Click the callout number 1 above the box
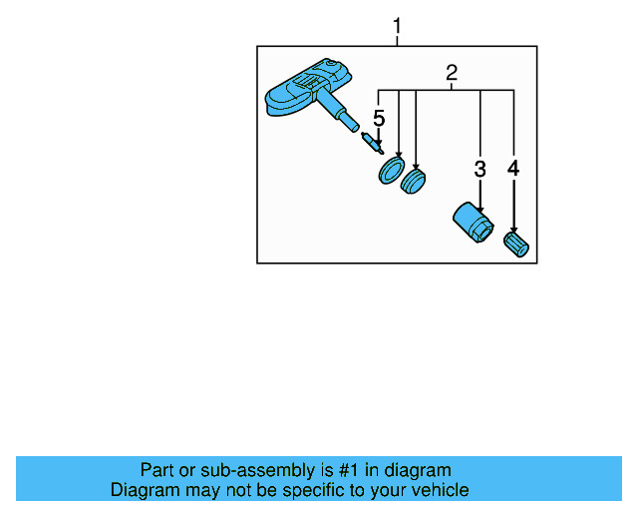[397, 27]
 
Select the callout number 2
[451, 73]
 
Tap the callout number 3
[479, 170]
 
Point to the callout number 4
[513, 169]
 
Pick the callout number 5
[378, 120]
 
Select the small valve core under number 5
[372, 142]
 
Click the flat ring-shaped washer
[391, 172]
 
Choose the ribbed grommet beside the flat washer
[413, 182]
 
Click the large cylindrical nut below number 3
[470, 221]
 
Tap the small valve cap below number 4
[517, 244]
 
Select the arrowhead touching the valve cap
[514, 230]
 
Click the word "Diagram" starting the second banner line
[144, 490]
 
